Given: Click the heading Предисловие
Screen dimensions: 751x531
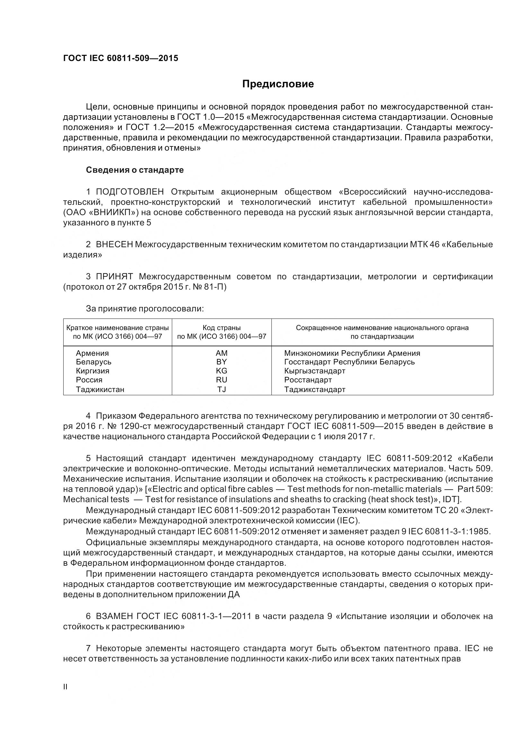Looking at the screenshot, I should pyautogui.click(x=278, y=84).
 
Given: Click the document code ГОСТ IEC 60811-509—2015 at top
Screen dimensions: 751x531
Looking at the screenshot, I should pyautogui.click(x=121, y=58).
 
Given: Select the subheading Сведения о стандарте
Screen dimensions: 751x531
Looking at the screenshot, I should pyautogui.click(x=135, y=170).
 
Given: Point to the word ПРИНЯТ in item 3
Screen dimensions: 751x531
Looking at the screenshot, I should pyautogui.click(x=114, y=276).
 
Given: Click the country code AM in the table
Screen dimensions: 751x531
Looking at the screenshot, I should pyautogui.click(x=222, y=353).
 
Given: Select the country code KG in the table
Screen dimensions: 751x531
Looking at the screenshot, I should pyautogui.click(x=222, y=371).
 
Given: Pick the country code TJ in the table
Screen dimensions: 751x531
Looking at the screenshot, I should pyautogui.click(x=222, y=389).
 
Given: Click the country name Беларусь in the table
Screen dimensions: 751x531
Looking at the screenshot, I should pyautogui.click(x=93, y=362).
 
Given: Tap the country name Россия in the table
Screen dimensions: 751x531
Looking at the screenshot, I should pyautogui.click(x=89, y=380).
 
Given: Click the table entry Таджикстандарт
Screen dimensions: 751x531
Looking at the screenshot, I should pyautogui.click(x=315, y=389).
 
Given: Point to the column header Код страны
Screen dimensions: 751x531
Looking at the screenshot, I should pyautogui.click(x=222, y=328).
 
